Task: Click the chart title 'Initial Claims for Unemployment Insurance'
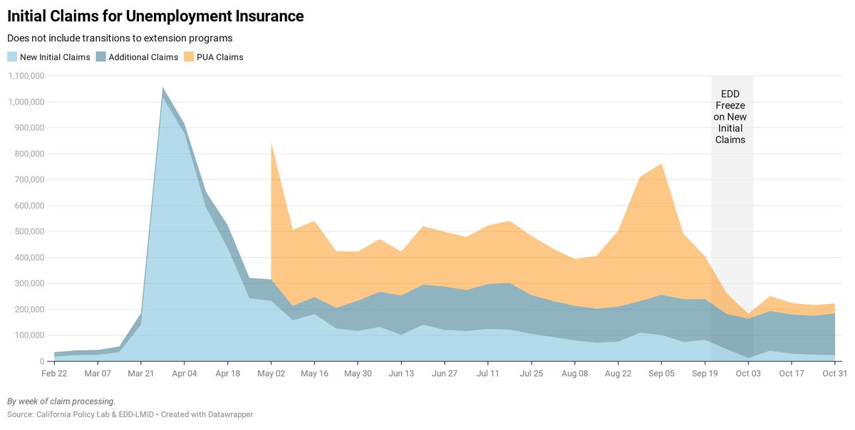[x=155, y=16]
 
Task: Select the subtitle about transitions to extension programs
[x=120, y=38]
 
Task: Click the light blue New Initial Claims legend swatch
[x=12, y=57]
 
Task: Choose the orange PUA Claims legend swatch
[x=189, y=57]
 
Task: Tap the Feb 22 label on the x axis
[x=55, y=373]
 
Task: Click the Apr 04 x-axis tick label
[x=185, y=373]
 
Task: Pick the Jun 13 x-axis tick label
[x=401, y=373]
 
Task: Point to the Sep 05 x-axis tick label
[x=661, y=373]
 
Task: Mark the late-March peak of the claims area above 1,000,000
[x=163, y=89]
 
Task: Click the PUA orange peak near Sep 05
[x=661, y=165]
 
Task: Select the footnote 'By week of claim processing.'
[x=61, y=401]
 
